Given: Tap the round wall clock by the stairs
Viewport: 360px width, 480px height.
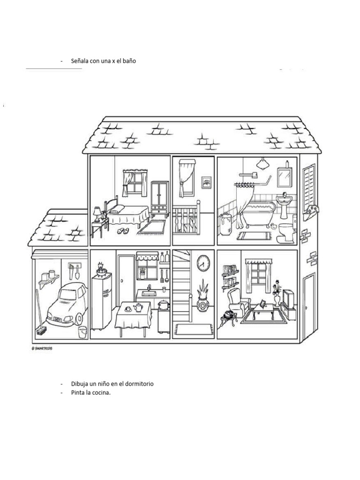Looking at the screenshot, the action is point(203,263).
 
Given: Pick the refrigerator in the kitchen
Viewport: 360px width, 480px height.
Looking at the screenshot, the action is point(101,301).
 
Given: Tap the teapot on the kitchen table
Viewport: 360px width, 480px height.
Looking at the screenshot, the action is point(138,308).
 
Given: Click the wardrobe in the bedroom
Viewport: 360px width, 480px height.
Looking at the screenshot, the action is point(160,197).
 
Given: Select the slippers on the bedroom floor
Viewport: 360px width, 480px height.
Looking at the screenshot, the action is point(123,231).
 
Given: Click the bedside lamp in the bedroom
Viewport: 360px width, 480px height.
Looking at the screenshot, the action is point(97,213).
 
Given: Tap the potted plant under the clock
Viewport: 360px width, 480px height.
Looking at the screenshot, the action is point(203,298).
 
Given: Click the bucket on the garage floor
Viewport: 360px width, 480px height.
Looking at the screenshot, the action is point(82,332).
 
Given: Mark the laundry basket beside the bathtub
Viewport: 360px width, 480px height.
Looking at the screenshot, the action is point(226,224).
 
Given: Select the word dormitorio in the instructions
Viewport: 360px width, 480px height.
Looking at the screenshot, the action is point(137,383).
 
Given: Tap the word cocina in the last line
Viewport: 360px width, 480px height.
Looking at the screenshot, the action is point(101,393).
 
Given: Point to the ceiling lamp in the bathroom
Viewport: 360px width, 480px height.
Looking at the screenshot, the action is point(262,164).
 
